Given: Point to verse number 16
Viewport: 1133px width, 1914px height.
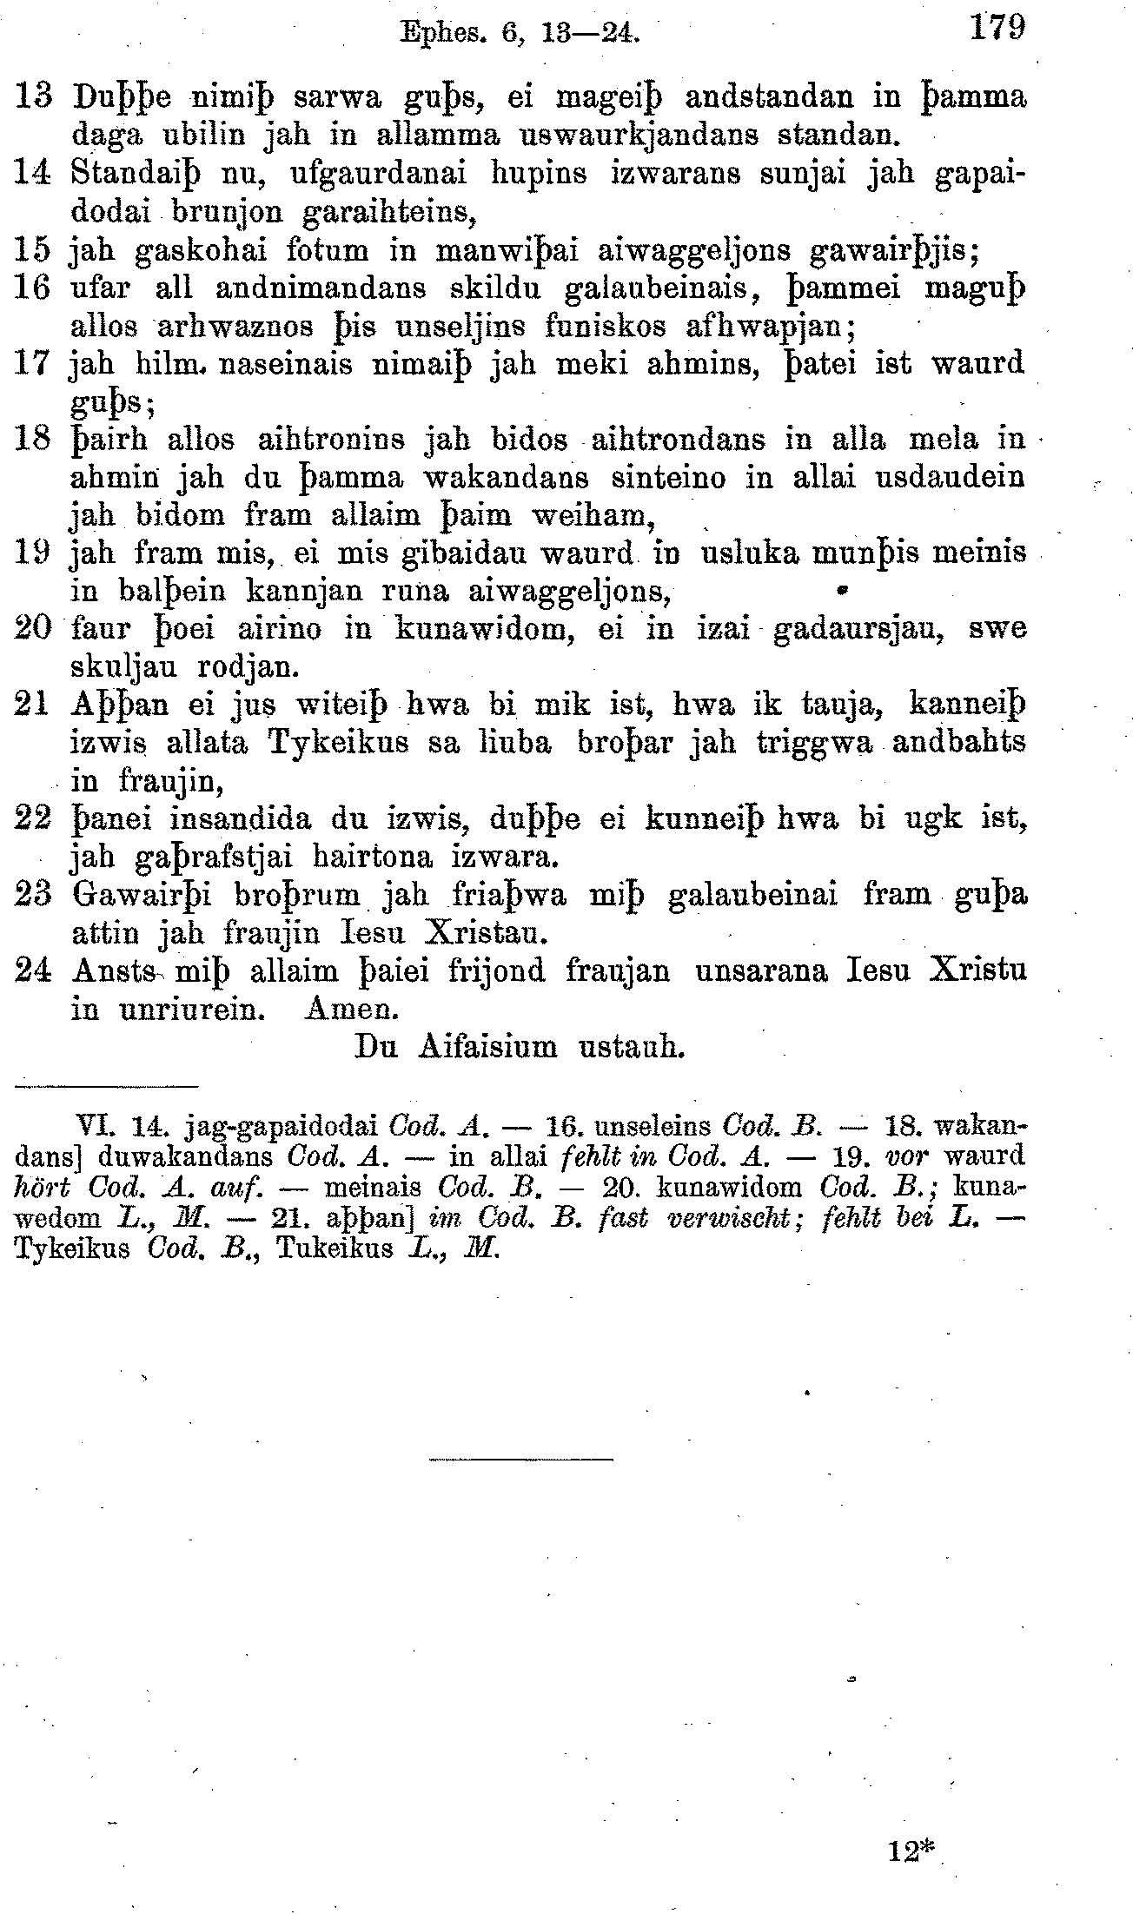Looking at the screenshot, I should click(32, 288).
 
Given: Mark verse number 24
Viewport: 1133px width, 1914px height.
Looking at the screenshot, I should click(32, 970).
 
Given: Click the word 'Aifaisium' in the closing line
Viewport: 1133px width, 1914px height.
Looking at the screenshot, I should click(487, 1047).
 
